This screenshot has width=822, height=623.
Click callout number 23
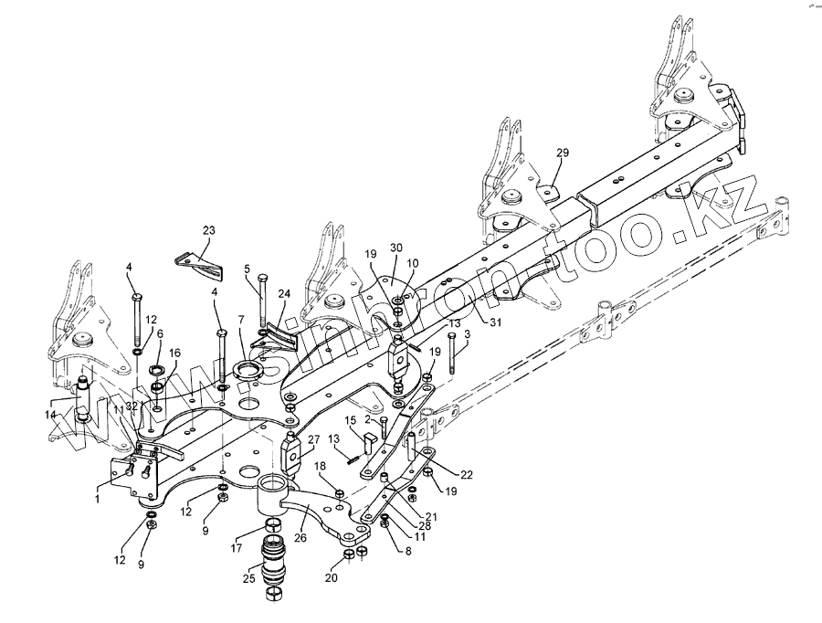209,232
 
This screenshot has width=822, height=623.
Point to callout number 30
395,248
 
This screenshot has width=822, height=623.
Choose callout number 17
237,549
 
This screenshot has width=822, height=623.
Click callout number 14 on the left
49,415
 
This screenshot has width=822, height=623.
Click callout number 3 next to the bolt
468,335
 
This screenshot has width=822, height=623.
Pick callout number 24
283,294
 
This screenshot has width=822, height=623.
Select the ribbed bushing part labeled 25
275,565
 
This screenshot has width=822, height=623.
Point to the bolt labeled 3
450,356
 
